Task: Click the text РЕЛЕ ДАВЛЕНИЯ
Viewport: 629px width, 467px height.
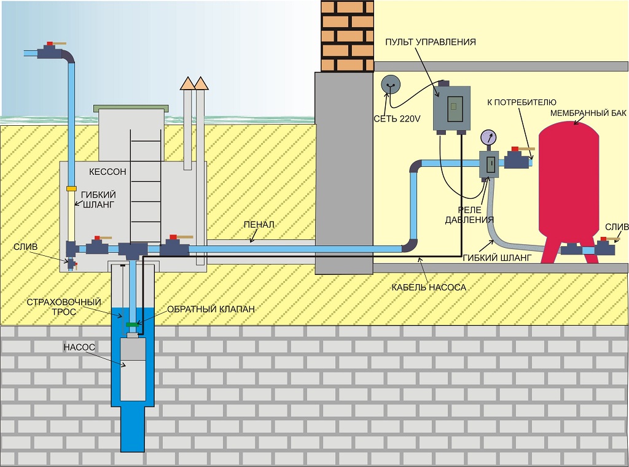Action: point(471,214)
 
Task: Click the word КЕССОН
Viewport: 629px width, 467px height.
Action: point(107,172)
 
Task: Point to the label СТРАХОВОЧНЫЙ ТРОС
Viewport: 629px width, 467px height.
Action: point(55,307)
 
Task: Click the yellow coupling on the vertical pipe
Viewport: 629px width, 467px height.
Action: point(71,188)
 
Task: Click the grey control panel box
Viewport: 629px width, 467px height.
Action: point(451,107)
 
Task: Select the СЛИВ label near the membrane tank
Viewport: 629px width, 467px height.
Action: point(617,226)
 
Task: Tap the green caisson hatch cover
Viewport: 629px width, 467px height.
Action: point(130,108)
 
